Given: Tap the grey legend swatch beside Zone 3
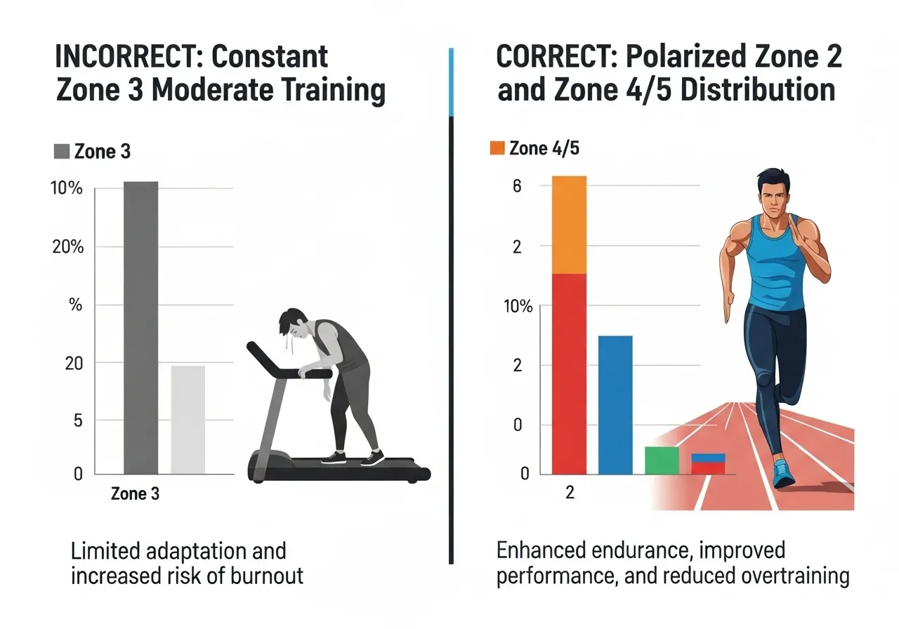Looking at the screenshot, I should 62,152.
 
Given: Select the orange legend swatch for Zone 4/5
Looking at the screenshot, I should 497,148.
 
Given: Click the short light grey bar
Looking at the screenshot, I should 188,419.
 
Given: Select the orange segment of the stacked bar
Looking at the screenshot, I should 569,225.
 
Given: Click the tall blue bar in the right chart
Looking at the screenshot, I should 615,404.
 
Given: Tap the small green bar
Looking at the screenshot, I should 662,460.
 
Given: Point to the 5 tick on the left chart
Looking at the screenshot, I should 79,421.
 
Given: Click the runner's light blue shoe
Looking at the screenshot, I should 783,474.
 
